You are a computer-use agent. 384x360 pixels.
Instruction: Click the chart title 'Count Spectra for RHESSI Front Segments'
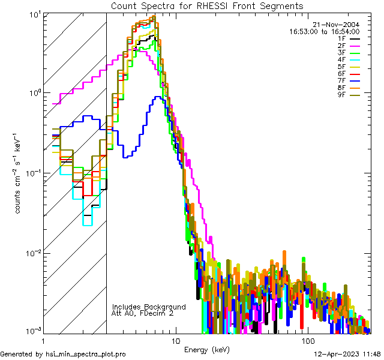207,5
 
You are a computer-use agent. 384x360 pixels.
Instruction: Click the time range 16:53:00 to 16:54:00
325,32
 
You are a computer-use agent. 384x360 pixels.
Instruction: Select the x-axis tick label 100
307,340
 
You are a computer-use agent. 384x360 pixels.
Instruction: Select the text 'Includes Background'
148,307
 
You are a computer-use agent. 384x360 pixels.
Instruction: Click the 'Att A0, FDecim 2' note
143,314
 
